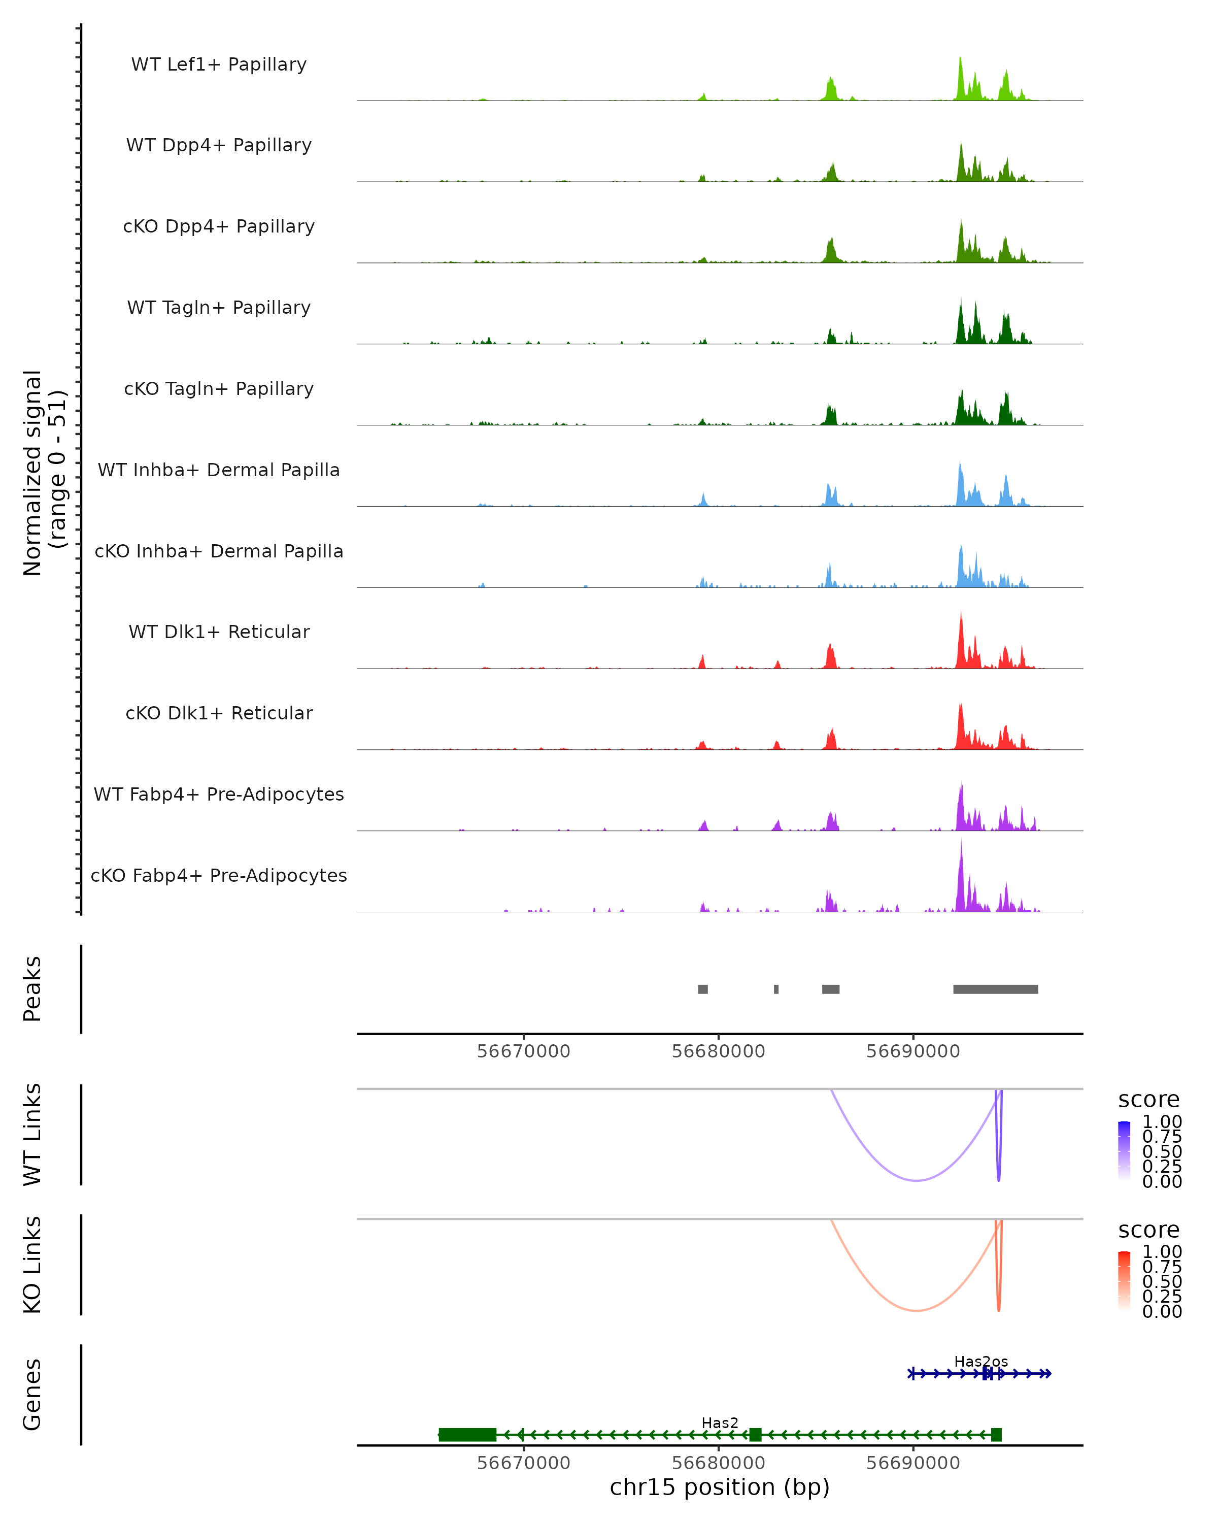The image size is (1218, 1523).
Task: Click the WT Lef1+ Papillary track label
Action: (219, 64)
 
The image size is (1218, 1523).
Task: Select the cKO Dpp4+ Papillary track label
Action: (219, 227)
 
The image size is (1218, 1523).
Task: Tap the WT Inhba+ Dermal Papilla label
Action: (219, 471)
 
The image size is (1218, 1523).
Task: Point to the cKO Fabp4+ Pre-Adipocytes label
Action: (219, 876)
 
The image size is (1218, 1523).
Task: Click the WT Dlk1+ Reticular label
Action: (219, 632)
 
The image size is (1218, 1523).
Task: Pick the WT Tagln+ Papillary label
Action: (219, 308)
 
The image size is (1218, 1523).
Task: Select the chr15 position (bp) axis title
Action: (720, 1487)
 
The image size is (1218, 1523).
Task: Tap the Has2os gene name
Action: (981, 1361)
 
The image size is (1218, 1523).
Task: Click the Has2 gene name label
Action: (720, 1422)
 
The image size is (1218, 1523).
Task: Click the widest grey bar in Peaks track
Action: (996, 989)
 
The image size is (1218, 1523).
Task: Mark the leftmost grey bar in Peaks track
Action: (702, 989)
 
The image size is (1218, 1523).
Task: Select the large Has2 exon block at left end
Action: (467, 1435)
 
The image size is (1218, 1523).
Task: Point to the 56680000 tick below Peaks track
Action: (718, 1051)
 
